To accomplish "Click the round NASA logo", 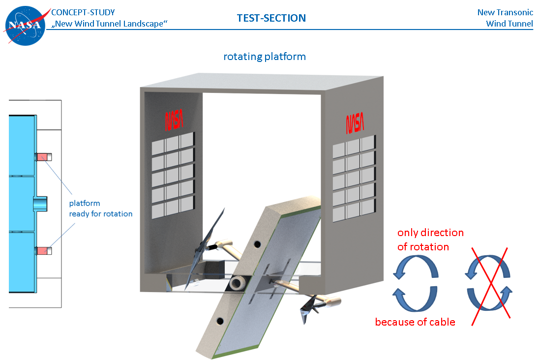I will (x=25, y=25).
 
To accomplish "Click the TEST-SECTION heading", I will (x=271, y=18).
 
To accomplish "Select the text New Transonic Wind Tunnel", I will (x=505, y=18).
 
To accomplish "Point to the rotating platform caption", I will (x=265, y=57).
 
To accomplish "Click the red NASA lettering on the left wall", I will (x=174, y=119).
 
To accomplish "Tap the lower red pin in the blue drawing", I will (x=43, y=251).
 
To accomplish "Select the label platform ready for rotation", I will (x=100, y=209).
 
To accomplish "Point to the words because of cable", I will (x=415, y=322).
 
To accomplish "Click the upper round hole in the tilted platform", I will (x=258, y=243).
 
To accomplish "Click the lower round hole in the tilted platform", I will (x=219, y=321).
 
